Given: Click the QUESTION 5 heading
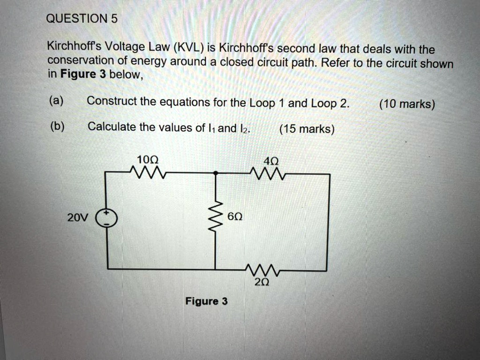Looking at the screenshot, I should point(82,19).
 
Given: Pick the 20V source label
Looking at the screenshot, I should point(77,218).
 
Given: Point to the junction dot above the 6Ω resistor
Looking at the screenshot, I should point(215,173).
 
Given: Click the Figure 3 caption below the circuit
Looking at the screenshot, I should point(206,301).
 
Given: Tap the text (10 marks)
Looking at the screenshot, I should point(407,104).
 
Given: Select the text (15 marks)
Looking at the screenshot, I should point(307,129).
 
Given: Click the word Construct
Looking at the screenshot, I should point(111,101).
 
